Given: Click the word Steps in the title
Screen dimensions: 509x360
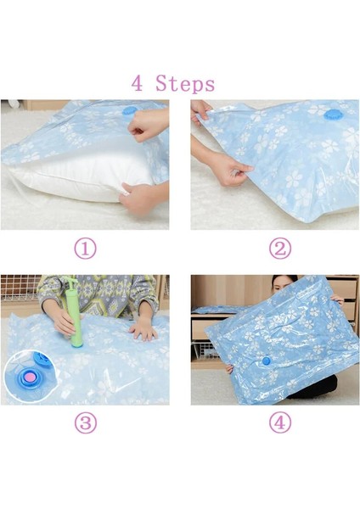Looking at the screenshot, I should coord(186,84).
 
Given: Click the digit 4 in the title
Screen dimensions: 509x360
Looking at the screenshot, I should coord(138,84).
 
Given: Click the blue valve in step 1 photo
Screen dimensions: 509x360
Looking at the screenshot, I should coord(129,111).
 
